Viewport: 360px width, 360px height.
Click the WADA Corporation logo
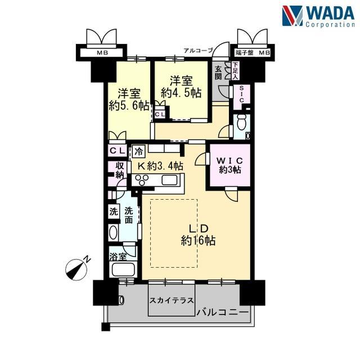tap(318, 16)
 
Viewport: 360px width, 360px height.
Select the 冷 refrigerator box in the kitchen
tap(139, 151)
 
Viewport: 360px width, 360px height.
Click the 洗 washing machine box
tap(114, 211)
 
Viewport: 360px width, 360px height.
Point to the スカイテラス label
tap(172, 300)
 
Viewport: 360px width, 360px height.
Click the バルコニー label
tap(223, 312)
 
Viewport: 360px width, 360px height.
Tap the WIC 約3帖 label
tap(230, 165)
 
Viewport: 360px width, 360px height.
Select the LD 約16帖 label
tap(198, 235)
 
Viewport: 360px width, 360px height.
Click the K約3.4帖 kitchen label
tap(160, 165)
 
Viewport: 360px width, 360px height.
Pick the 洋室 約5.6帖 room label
tap(129, 100)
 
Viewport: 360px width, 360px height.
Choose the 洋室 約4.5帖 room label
tap(181, 87)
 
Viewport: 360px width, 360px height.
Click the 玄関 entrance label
tap(218, 73)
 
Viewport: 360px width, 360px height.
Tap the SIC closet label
tap(241, 94)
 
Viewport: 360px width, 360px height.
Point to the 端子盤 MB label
tap(253, 53)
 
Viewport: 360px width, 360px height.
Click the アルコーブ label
tap(199, 51)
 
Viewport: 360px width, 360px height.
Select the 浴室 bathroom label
tap(118, 257)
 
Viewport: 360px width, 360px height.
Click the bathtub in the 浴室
tap(123, 269)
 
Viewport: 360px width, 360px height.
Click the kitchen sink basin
tap(169, 180)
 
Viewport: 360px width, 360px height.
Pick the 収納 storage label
tap(119, 170)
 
